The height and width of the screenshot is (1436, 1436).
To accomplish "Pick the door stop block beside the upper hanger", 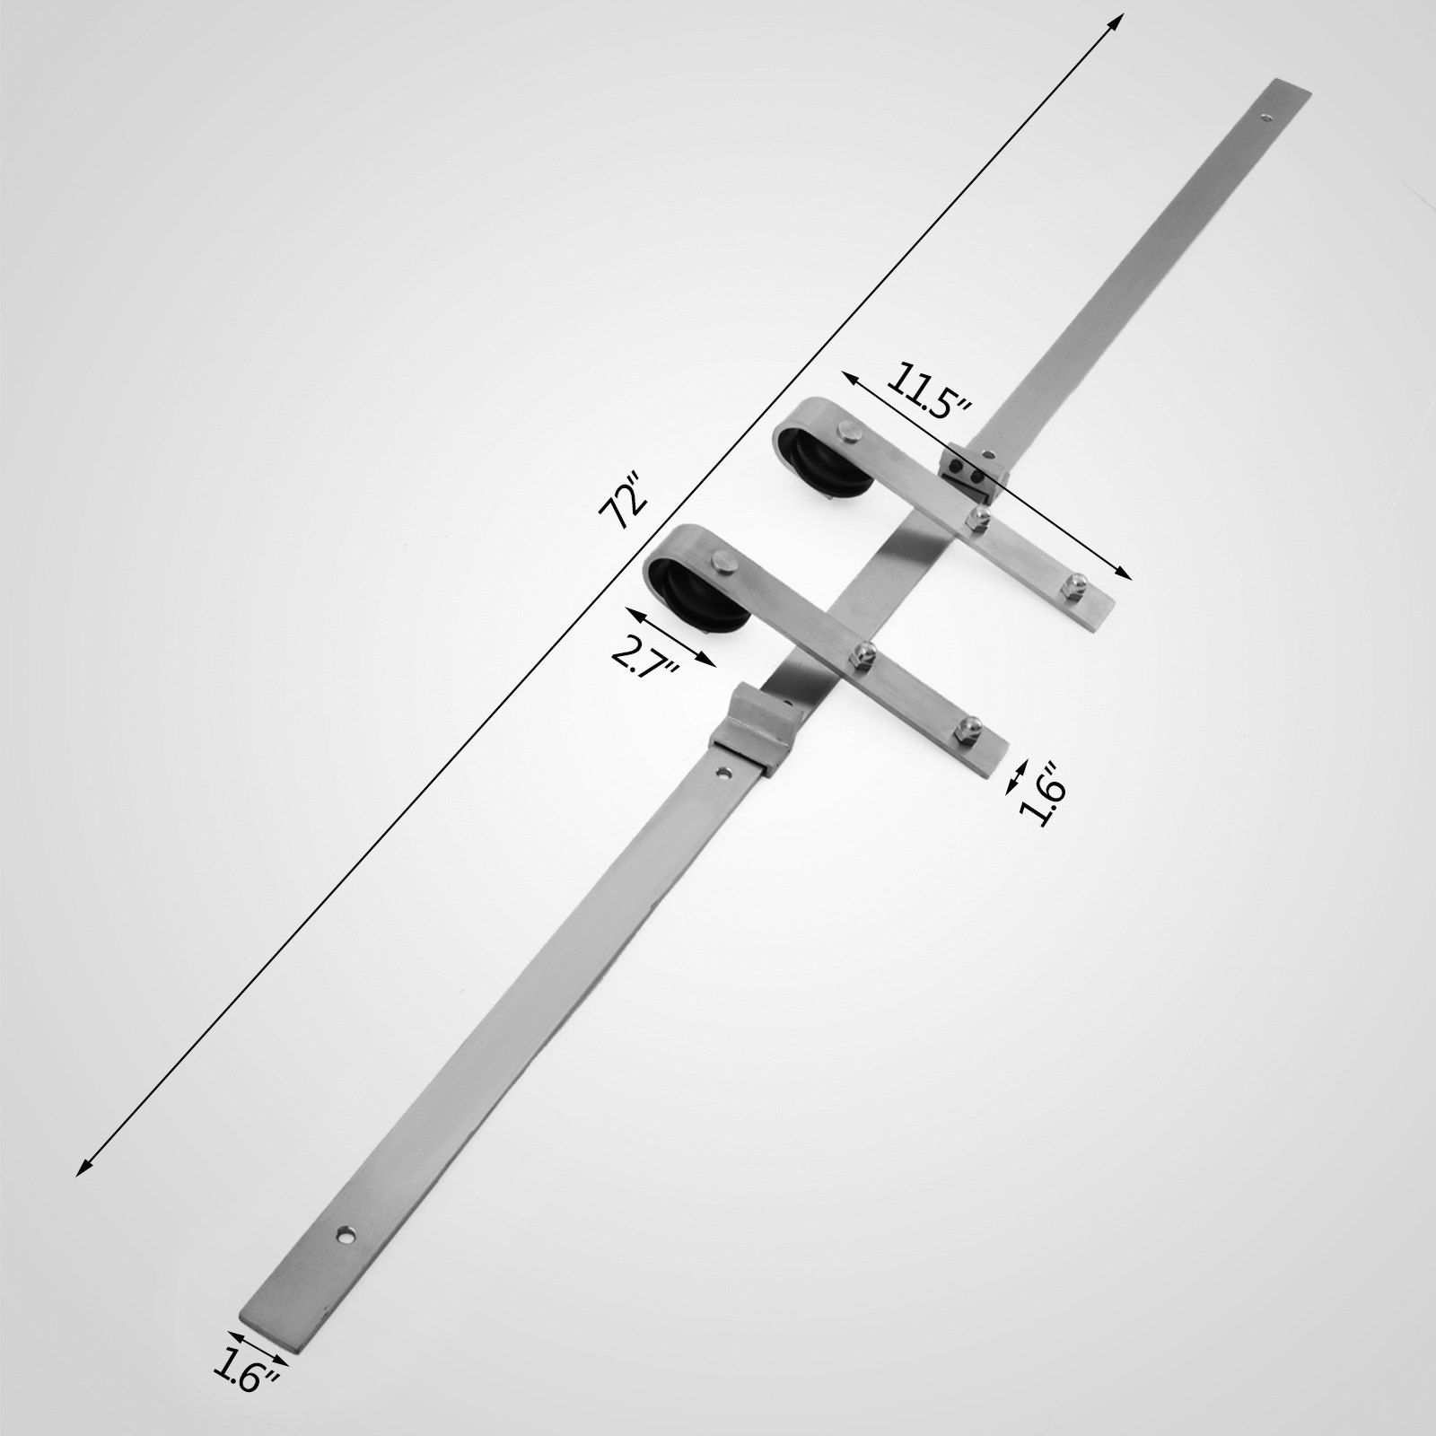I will click(x=972, y=472).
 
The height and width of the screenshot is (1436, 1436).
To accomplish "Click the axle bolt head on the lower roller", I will click(x=722, y=564).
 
